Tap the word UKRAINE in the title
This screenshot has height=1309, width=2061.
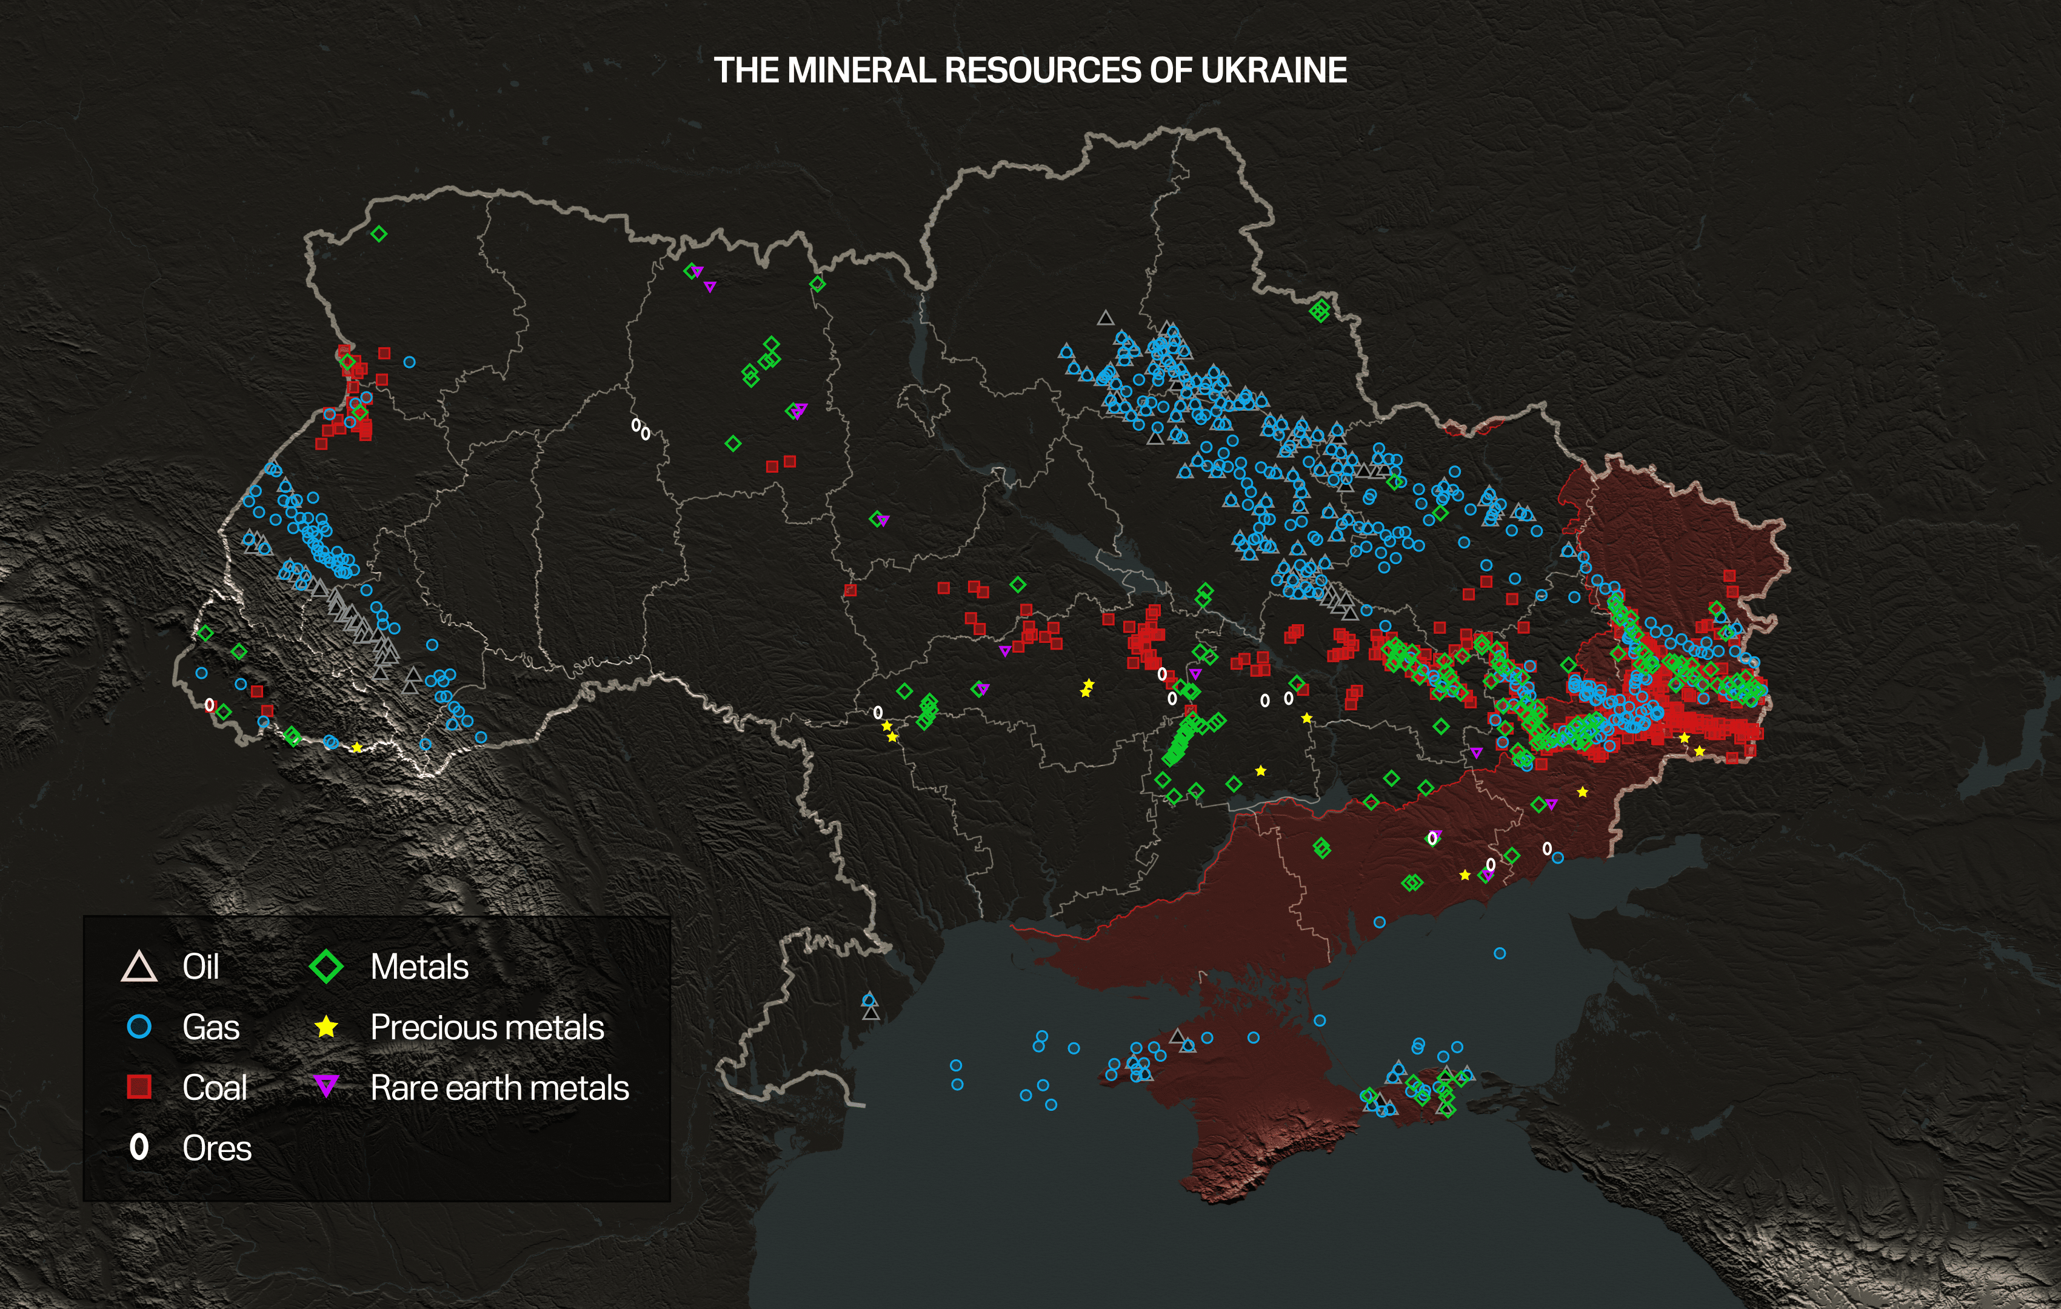click(1274, 70)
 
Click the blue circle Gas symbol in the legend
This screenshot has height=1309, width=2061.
click(139, 1027)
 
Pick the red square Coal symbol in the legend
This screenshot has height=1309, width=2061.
click(139, 1087)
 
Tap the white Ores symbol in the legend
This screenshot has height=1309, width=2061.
click(139, 1147)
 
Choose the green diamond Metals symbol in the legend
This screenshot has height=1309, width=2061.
click(326, 967)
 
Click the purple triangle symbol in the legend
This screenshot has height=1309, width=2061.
click(326, 1087)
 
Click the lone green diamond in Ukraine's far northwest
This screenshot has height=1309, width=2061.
click(379, 233)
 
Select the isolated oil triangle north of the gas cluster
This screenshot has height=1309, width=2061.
click(1106, 318)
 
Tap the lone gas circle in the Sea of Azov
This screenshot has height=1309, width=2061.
click(1500, 953)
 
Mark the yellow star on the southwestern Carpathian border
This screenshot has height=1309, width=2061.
click(357, 748)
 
